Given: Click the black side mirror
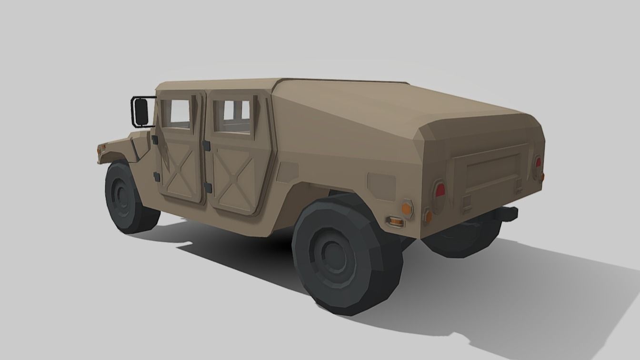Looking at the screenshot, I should pyautogui.click(x=141, y=111).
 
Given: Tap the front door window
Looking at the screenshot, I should pyautogui.click(x=176, y=114).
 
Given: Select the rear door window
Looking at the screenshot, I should pyautogui.click(x=232, y=116).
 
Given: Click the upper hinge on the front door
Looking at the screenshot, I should pyautogui.click(x=155, y=140).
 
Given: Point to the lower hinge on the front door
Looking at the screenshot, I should pyautogui.click(x=156, y=177).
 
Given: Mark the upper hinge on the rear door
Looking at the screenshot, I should pyautogui.click(x=207, y=143).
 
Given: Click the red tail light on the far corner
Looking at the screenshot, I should pyautogui.click(x=538, y=163).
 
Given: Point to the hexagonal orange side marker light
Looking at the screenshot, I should pyautogui.click(x=406, y=208).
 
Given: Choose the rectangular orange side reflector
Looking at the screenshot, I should pyautogui.click(x=395, y=220).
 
